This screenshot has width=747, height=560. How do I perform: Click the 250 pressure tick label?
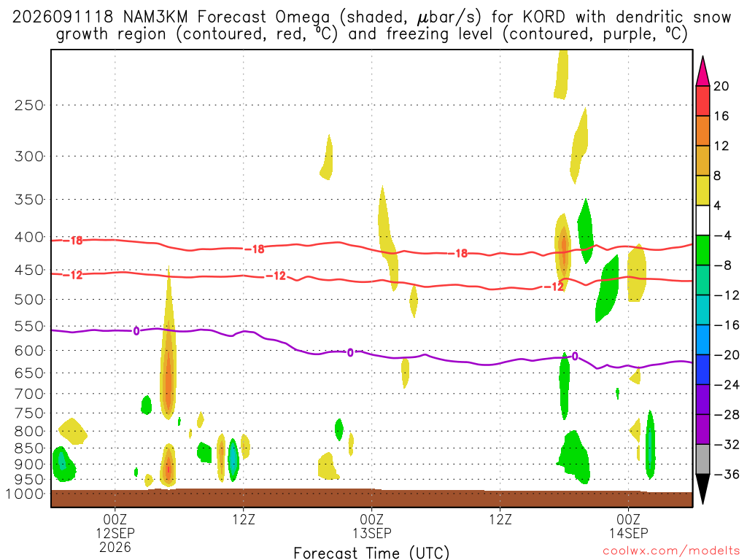29,105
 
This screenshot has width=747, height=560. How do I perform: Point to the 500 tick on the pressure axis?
29,300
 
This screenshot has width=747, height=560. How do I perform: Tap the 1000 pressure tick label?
24,494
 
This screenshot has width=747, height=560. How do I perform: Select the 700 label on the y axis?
29,394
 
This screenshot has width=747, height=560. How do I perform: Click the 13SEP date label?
371,533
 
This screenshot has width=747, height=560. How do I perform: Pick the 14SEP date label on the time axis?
628,533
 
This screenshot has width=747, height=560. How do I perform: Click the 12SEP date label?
115,533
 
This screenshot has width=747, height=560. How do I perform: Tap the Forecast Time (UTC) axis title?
371,553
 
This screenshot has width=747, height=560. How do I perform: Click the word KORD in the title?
543,17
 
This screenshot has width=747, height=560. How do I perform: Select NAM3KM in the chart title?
155,17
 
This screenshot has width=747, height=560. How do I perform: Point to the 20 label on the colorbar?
721,86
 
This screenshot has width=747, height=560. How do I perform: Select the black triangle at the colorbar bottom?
703,487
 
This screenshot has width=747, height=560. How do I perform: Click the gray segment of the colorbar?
703,459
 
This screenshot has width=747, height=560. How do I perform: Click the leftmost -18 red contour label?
73,241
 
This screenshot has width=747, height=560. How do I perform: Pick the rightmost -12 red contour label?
554,287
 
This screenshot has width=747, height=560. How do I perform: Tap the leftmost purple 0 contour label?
136,330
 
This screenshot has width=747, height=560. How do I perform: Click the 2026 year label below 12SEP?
115,547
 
